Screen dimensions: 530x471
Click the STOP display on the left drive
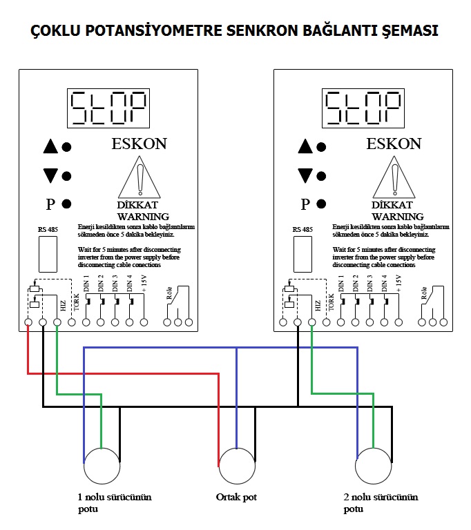click(x=110, y=108)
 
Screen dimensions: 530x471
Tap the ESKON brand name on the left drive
click(x=139, y=144)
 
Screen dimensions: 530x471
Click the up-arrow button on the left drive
click(x=50, y=146)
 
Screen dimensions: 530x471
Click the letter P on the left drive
click(x=50, y=204)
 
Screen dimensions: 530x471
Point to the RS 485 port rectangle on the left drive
click(x=47, y=254)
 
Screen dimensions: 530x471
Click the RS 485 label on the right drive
click(x=302, y=229)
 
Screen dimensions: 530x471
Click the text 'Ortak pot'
click(x=236, y=497)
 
